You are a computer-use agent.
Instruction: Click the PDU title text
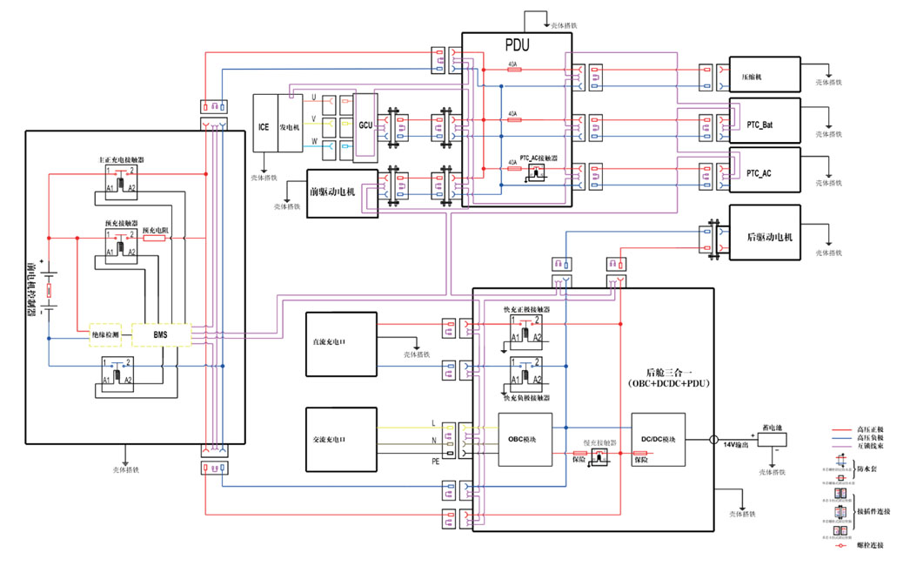click(517, 45)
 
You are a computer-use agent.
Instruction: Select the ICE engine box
click(264, 126)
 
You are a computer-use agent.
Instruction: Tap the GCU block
click(365, 126)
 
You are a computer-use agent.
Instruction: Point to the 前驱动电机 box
click(342, 187)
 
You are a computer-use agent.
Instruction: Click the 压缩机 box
click(764, 75)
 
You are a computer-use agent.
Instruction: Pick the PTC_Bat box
click(764, 125)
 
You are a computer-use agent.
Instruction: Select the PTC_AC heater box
click(764, 173)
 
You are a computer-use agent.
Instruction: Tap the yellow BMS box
click(160, 334)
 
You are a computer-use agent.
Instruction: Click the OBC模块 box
click(525, 439)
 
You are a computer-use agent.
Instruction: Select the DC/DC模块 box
click(658, 439)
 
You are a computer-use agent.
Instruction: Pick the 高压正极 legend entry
click(870, 429)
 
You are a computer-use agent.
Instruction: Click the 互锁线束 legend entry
click(870, 444)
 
